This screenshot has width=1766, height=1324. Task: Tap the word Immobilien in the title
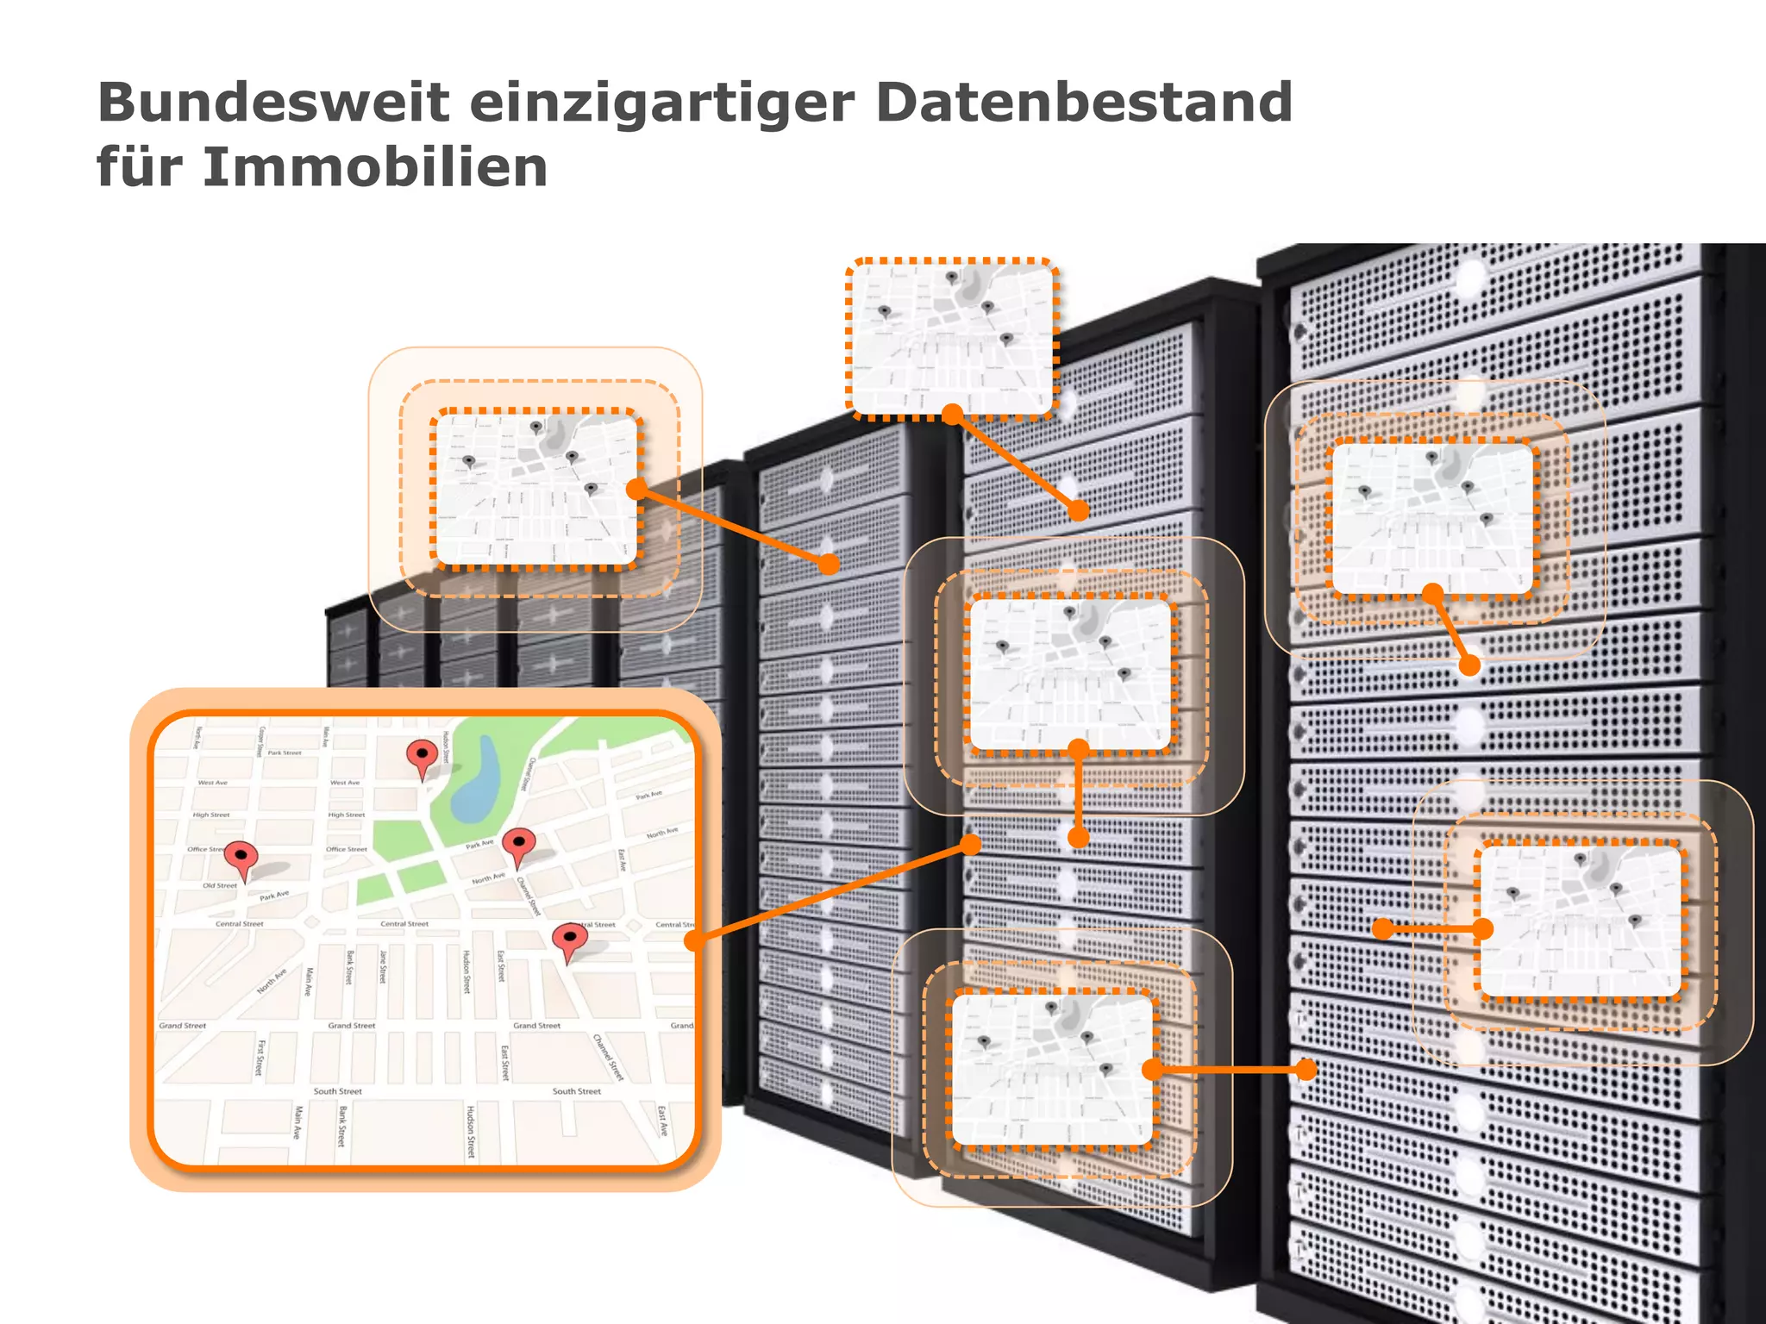click(374, 167)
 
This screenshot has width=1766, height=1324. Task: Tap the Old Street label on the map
click(220, 885)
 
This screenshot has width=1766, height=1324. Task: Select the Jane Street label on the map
click(383, 966)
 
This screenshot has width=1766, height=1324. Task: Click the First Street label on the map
click(260, 1058)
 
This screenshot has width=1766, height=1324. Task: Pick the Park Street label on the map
click(285, 753)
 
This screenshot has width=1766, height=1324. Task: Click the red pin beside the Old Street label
click(241, 858)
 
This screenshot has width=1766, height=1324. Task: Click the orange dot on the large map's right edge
click(695, 940)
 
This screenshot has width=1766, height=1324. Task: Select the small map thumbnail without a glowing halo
click(952, 338)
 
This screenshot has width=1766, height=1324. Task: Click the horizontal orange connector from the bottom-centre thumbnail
click(1229, 1070)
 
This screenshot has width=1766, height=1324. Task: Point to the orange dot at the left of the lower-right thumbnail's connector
click(1383, 928)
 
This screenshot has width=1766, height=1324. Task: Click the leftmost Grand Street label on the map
click(182, 1026)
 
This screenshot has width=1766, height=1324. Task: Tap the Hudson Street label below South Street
click(471, 1130)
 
